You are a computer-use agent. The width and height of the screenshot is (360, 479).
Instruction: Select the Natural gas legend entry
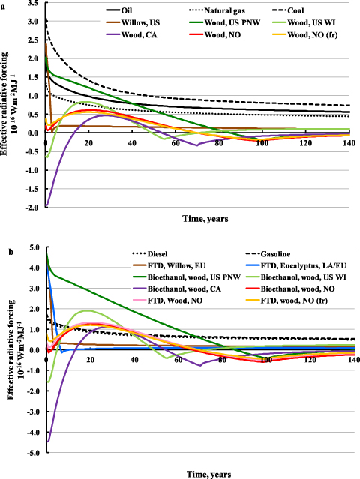point(226,12)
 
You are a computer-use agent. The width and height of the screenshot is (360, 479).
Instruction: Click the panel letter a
point(3,4)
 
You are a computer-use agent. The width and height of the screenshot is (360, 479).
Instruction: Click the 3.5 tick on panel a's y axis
point(34,4)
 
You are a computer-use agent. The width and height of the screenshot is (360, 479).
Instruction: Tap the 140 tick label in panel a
point(350,144)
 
